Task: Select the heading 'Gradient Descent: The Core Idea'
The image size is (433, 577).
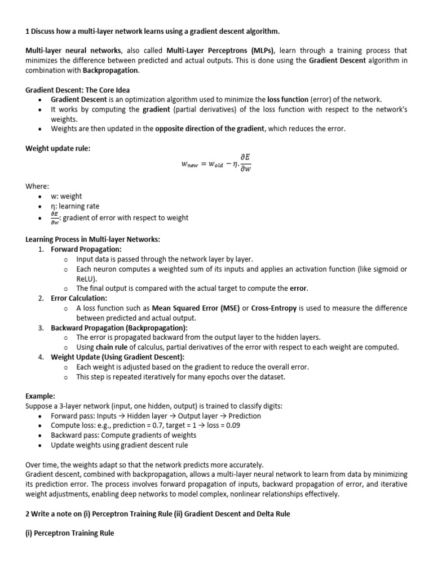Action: tap(78, 90)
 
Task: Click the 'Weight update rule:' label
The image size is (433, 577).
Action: tap(58, 148)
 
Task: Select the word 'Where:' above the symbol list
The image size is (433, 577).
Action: tap(38, 186)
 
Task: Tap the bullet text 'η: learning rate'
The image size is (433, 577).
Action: tap(75, 206)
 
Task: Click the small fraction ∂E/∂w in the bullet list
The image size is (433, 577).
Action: tap(55, 218)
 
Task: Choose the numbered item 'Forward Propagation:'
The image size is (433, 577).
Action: tap(86, 249)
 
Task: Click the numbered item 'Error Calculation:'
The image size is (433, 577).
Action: tap(79, 298)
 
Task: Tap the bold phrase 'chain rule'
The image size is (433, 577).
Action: tap(111, 347)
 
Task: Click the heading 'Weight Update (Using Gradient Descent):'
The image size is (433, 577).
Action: tap(117, 357)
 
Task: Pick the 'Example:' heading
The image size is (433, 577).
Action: tap(41, 396)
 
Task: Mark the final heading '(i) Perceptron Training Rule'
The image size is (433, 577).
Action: tap(70, 532)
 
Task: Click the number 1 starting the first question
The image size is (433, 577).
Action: tap(28, 30)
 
